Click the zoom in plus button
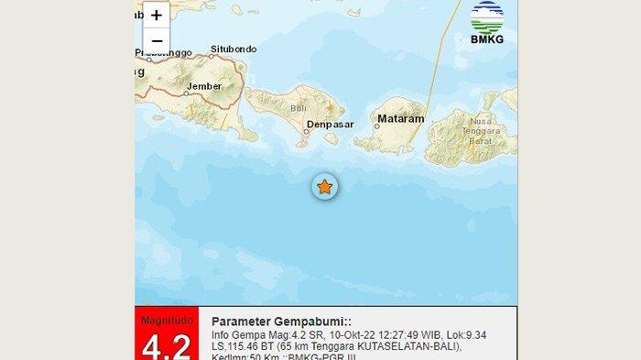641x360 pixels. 157,16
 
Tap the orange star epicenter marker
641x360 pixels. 324,187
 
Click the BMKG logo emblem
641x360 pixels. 487,16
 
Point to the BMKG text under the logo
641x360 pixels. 487,39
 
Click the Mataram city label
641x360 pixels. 401,119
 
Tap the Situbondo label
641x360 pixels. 233,49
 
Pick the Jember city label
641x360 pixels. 204,88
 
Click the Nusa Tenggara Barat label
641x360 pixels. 481,131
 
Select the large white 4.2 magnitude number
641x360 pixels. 166,346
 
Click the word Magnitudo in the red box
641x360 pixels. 166,320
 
